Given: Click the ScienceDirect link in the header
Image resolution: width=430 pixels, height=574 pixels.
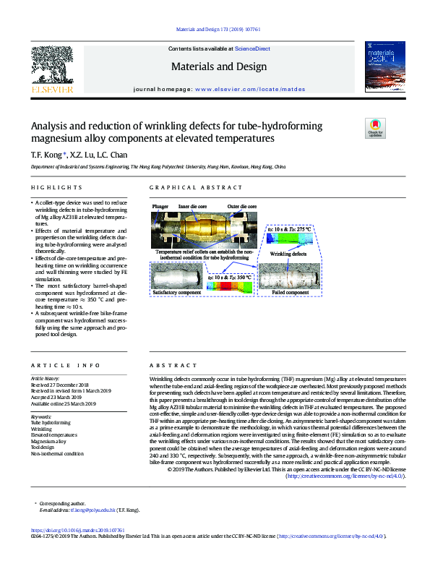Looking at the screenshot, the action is (x=249, y=48).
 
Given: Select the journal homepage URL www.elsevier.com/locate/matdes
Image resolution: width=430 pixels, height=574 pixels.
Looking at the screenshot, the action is (x=250, y=89).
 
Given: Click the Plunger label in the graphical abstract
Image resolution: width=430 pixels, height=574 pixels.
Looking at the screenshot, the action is (x=160, y=207).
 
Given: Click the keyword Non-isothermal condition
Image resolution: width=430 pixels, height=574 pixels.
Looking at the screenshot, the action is (x=57, y=454).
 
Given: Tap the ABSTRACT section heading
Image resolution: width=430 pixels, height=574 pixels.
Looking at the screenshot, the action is (x=167, y=367).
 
